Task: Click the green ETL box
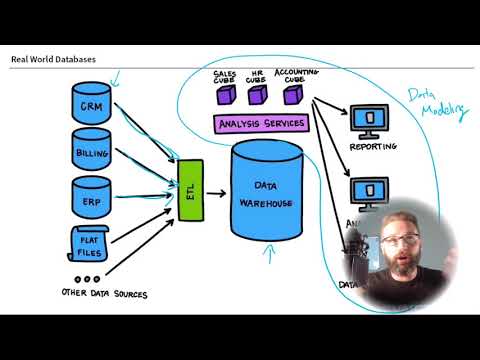tap(190, 190)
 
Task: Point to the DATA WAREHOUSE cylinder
tap(266, 196)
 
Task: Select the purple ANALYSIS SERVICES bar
tap(261, 124)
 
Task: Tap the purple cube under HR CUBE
tap(258, 96)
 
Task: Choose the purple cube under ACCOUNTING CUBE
tap(292, 96)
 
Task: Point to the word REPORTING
tap(372, 147)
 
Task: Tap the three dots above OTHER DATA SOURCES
tap(87, 280)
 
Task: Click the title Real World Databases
tap(53, 59)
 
